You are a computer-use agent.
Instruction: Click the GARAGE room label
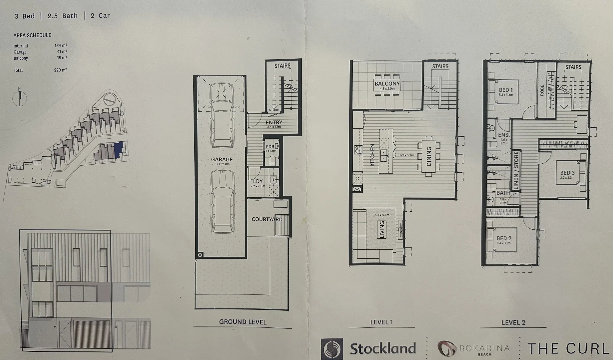(x=222, y=159)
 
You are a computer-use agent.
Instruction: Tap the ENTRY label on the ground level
(x=274, y=123)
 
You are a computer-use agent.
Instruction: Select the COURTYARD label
(x=267, y=219)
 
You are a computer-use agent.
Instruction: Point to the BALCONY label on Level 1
(x=387, y=84)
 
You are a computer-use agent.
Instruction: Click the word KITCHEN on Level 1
(x=372, y=155)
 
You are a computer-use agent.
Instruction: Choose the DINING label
(x=429, y=156)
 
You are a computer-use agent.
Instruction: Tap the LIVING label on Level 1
(x=382, y=229)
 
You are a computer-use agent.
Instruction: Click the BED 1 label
(x=506, y=90)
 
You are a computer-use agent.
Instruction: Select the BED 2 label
(x=504, y=238)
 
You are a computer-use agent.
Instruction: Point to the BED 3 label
(x=567, y=173)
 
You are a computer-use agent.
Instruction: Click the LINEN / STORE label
(x=516, y=171)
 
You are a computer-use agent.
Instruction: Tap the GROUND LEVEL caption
(x=243, y=322)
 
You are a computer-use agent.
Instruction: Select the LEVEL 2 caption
(x=513, y=322)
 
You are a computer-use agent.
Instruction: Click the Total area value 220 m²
(x=60, y=70)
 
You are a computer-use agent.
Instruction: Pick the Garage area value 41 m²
(x=62, y=52)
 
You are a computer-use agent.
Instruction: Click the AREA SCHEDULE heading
(x=32, y=35)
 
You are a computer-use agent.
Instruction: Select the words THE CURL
(x=568, y=349)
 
